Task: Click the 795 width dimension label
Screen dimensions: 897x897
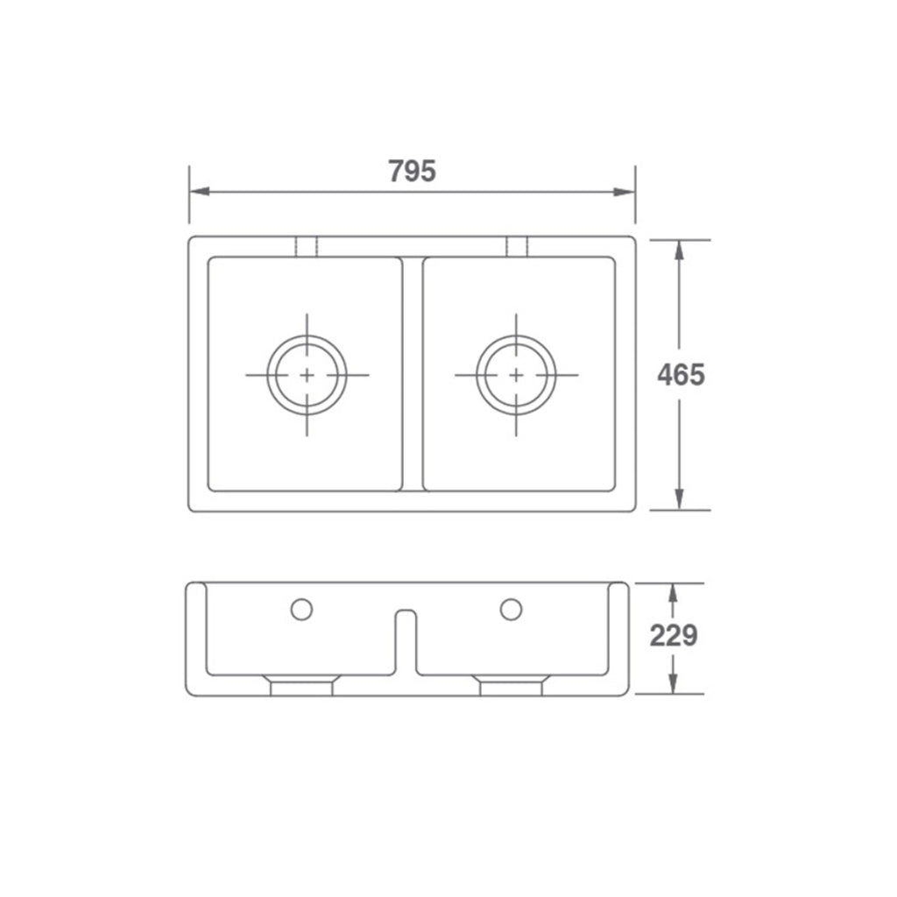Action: pyautogui.click(x=412, y=171)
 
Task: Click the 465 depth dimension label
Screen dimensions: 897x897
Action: pyautogui.click(x=681, y=375)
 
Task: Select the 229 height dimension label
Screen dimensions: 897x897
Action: pyautogui.click(x=673, y=636)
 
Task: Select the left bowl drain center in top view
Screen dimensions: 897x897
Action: pyautogui.click(x=307, y=375)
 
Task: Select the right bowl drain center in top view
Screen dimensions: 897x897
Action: pyautogui.click(x=516, y=375)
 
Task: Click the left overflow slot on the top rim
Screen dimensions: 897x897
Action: pyautogui.click(x=306, y=246)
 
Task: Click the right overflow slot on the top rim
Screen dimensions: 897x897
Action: pyautogui.click(x=517, y=246)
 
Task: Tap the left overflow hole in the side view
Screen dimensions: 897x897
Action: pyautogui.click(x=301, y=609)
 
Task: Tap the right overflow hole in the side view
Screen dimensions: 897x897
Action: pyautogui.click(x=512, y=609)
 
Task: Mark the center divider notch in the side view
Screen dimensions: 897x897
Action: pyautogui.click(x=406, y=639)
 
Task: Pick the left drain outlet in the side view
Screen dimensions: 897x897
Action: pyautogui.click(x=301, y=686)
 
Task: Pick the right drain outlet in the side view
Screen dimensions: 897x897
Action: pyautogui.click(x=512, y=686)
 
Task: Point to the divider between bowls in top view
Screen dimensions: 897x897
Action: pyautogui.click(x=413, y=375)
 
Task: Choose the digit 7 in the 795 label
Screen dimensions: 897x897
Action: pyautogui.click(x=396, y=171)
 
